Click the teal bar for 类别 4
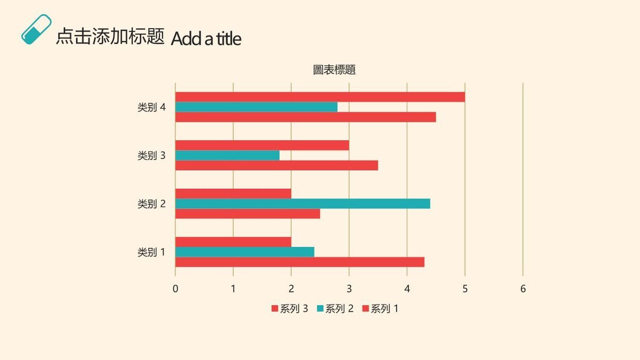256,107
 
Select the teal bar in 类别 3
227,155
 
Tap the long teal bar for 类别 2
302,204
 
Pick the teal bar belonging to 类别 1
244,252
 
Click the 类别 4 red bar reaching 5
320,97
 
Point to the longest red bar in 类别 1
300,262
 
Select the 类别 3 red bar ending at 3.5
276,165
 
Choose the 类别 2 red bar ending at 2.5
247,213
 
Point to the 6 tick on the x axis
523,289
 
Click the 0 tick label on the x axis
175,289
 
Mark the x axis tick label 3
349,289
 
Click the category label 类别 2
151,204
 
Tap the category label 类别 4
151,107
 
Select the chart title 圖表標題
334,70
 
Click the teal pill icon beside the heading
36,29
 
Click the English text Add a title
206,38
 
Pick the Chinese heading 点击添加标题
110,36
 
